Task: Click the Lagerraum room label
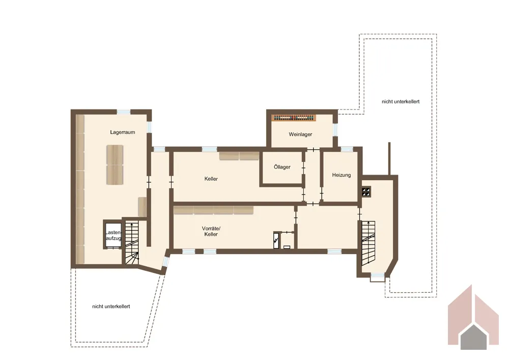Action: point(122,132)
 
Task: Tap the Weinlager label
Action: point(300,134)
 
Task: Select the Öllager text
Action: point(282,167)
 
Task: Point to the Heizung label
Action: point(341,175)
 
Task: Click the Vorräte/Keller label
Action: point(211,231)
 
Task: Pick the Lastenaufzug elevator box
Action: point(112,235)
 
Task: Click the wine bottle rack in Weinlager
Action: point(294,118)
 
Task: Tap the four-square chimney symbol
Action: point(366,191)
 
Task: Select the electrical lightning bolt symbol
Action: point(276,240)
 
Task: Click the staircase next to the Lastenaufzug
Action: point(132,242)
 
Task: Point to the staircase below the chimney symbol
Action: point(368,243)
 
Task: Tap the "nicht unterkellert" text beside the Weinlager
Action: point(401,102)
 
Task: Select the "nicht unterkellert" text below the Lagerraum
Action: point(111,307)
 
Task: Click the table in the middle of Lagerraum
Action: point(115,165)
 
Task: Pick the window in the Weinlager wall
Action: point(335,129)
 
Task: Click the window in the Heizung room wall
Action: point(347,149)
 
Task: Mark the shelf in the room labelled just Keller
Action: point(239,156)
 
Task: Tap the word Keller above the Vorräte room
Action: point(211,179)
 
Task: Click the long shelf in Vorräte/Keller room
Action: point(213,210)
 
